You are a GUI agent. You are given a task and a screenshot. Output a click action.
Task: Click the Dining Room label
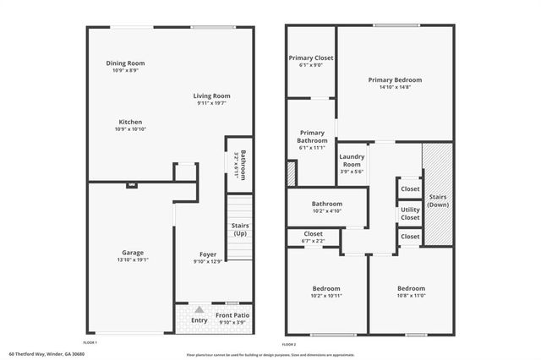tap(125, 63)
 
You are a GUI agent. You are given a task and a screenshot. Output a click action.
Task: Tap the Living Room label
tap(213, 96)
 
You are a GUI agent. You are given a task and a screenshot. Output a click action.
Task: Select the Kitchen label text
tap(130, 122)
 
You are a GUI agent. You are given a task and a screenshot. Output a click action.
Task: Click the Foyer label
tap(208, 254)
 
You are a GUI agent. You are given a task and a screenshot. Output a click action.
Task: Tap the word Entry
tap(199, 320)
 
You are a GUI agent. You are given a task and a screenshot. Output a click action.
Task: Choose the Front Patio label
tap(232, 315)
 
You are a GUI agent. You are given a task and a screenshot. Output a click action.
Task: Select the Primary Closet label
tap(311, 58)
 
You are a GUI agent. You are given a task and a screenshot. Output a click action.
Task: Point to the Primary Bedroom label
tap(395, 79)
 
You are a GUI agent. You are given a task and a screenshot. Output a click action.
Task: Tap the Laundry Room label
tap(352, 161)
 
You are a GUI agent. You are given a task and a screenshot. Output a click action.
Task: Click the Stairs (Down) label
tap(438, 201)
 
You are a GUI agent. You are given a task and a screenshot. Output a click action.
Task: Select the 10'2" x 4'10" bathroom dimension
tap(326, 211)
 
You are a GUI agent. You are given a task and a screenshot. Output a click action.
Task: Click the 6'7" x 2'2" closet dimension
tap(313, 242)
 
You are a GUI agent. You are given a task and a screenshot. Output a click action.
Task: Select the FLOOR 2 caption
tap(290, 345)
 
